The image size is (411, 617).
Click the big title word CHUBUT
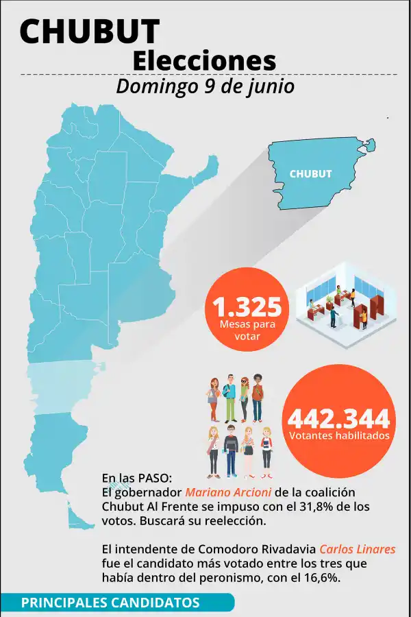pos(90,32)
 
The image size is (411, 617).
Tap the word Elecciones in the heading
pos(204,60)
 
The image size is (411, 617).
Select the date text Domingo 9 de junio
pos(206,86)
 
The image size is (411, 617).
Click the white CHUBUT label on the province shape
pos(310,174)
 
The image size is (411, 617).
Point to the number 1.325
pos(247,307)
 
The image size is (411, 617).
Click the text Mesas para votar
pos(247,330)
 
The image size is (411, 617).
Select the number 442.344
pos(339,418)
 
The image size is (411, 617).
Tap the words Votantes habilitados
pos(339,436)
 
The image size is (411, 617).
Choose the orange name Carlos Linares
pos(358,550)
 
